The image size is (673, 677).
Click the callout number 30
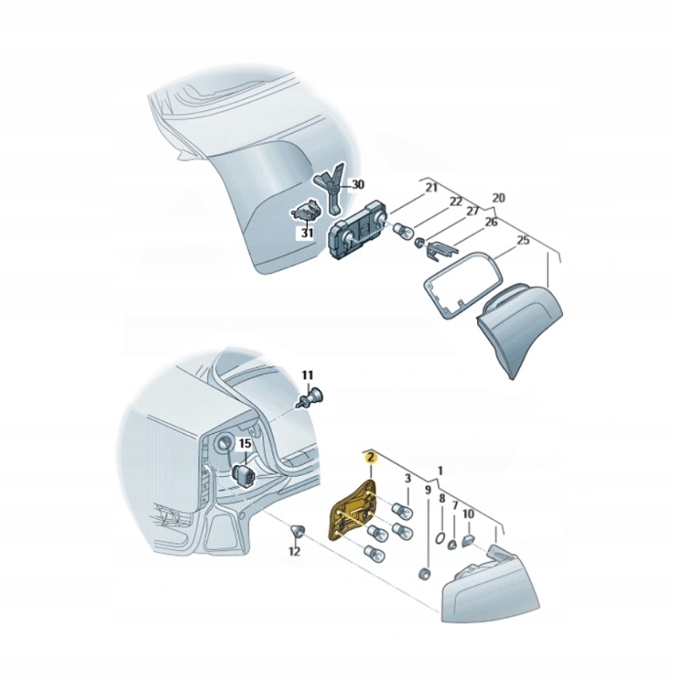[358, 184]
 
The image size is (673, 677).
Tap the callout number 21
[432, 188]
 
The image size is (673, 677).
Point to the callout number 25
[522, 240]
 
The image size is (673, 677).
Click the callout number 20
[498, 198]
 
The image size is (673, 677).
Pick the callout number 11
[307, 374]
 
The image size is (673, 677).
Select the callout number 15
[245, 443]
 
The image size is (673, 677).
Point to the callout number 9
[427, 489]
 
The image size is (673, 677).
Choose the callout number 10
[469, 513]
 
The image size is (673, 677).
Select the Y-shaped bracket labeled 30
[329, 189]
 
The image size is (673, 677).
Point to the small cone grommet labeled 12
[296, 530]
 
